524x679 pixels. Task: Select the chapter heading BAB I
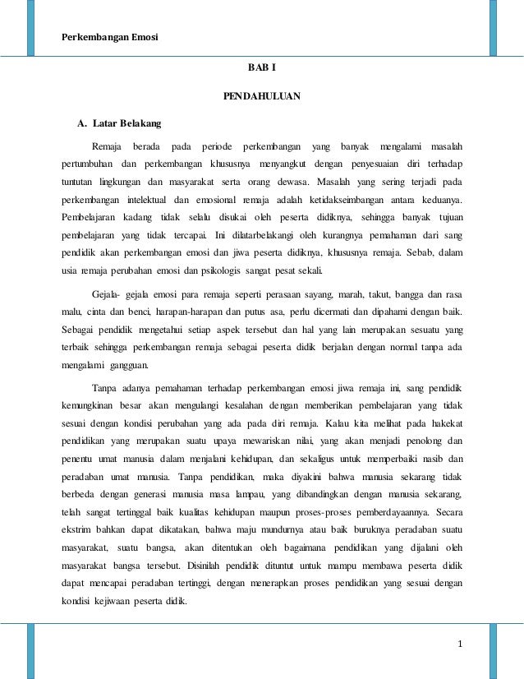tap(262, 72)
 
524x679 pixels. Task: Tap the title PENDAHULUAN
tap(262, 98)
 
